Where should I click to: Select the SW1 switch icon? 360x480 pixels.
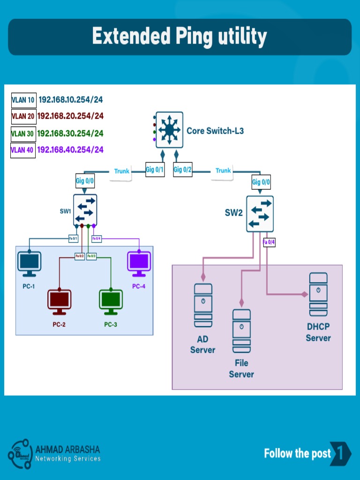click(x=85, y=210)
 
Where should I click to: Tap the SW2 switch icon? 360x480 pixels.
click(x=260, y=214)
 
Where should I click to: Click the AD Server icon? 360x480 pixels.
click(x=203, y=305)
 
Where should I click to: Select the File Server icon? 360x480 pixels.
click(x=241, y=331)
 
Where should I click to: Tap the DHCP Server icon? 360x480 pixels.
click(x=318, y=294)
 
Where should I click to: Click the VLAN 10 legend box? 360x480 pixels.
click(x=23, y=100)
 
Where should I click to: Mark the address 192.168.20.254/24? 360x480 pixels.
click(x=70, y=116)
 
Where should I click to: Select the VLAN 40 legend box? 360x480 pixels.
click(x=23, y=150)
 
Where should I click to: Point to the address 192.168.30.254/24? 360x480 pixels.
click(x=70, y=134)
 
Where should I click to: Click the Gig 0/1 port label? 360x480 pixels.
click(x=155, y=170)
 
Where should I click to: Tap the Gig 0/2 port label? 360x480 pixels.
click(x=183, y=170)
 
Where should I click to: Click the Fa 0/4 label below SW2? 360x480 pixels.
click(x=269, y=242)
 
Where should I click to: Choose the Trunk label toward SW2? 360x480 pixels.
click(x=223, y=171)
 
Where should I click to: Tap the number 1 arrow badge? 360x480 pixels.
click(x=341, y=453)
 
